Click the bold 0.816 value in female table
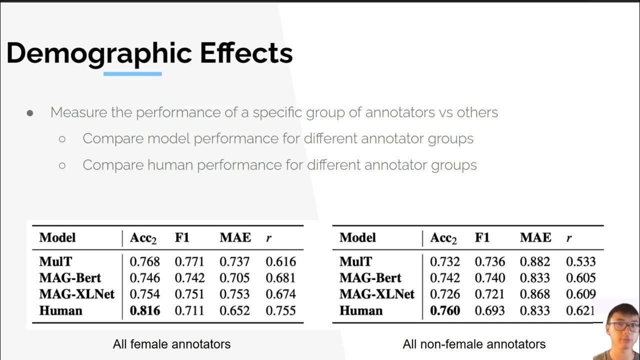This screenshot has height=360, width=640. tap(145, 310)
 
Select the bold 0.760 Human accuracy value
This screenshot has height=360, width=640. tap(445, 310)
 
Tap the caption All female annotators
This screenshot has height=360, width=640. tap(171, 344)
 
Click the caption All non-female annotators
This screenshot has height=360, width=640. tap(474, 344)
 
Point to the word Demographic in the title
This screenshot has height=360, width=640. tap(99, 53)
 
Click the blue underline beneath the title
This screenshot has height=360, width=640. tap(132, 74)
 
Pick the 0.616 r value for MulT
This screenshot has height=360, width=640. tap(280, 261)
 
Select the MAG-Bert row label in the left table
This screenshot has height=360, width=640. tap(70, 278)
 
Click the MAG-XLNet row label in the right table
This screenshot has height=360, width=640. tap(377, 294)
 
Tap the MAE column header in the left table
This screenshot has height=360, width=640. tap(235, 238)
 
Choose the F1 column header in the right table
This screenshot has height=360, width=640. tap(482, 238)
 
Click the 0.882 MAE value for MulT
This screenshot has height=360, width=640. tap(535, 261)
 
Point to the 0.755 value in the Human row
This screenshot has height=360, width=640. tap(280, 310)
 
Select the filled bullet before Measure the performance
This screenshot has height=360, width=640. tap(30, 113)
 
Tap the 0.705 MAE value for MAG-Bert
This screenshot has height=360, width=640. tap(235, 278)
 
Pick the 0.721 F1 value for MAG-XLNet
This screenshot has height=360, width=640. tap(490, 294)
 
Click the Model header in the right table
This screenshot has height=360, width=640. tap(357, 238)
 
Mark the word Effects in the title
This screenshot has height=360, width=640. tap(246, 53)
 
